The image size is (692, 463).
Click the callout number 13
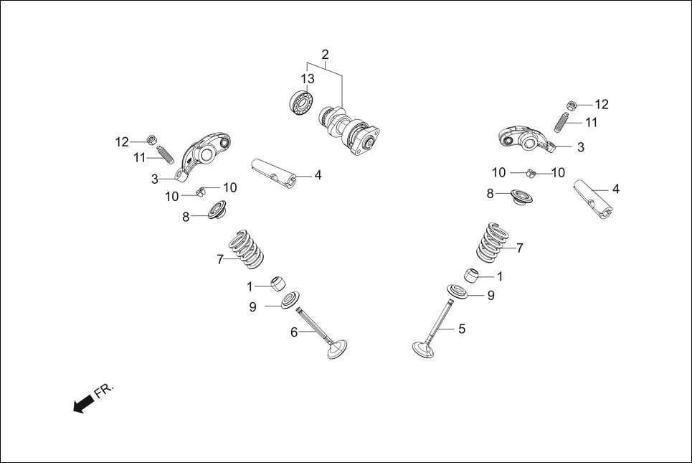click(x=308, y=79)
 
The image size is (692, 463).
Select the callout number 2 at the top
click(x=325, y=55)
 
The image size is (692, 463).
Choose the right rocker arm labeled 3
click(x=529, y=136)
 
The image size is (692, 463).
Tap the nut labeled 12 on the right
click(x=572, y=105)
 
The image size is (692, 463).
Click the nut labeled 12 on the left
click(x=151, y=139)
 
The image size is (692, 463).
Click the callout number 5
click(x=462, y=329)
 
